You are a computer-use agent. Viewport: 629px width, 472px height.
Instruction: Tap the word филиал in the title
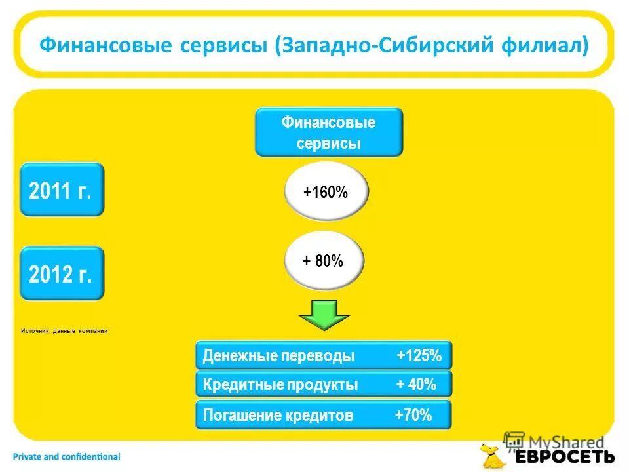coord(548,47)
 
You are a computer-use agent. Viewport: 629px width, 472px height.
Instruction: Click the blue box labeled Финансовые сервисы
coord(328,132)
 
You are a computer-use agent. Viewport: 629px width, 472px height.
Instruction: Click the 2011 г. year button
coord(62,190)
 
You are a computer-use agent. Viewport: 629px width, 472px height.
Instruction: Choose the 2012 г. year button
coord(62,273)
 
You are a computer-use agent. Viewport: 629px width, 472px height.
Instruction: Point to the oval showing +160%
coord(326,192)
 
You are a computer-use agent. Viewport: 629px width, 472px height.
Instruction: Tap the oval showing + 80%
coord(323,261)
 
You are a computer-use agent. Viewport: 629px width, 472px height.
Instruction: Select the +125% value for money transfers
coord(419,356)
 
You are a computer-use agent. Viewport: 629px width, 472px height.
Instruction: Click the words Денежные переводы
coord(278,356)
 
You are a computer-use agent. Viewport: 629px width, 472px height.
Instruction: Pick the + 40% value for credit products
coord(417,385)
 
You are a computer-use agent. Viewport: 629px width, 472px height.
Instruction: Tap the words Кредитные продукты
coord(280,385)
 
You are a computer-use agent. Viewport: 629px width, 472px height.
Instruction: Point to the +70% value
coord(413,415)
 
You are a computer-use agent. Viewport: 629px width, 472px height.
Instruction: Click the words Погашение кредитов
coord(278,415)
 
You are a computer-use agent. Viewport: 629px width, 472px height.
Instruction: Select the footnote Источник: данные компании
coord(64,331)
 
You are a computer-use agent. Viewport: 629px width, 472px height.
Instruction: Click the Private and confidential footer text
coord(66,456)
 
